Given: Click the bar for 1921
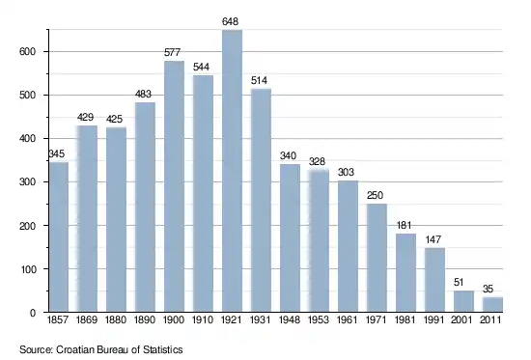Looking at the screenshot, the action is (x=233, y=171).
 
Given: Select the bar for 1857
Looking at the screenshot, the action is (x=59, y=237).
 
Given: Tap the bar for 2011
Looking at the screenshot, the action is (x=492, y=304).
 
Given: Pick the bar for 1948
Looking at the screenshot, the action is (x=291, y=238).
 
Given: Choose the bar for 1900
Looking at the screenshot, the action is (x=175, y=186).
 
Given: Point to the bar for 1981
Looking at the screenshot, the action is (x=406, y=272).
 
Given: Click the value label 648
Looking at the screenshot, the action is (x=231, y=21).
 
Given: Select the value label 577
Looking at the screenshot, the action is (x=173, y=52).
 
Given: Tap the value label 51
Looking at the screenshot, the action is (x=459, y=282).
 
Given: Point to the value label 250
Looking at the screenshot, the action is (x=375, y=195).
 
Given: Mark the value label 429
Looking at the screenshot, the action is (x=85, y=117).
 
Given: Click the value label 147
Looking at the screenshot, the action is (x=433, y=239).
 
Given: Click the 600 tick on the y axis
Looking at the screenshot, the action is (x=28, y=52).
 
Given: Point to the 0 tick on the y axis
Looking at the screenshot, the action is (x=33, y=313).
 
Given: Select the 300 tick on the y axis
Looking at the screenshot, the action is (x=28, y=182).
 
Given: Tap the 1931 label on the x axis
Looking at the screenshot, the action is (x=261, y=319).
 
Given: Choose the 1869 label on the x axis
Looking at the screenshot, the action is (x=87, y=319).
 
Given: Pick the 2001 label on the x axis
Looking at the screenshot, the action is (x=461, y=319).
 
